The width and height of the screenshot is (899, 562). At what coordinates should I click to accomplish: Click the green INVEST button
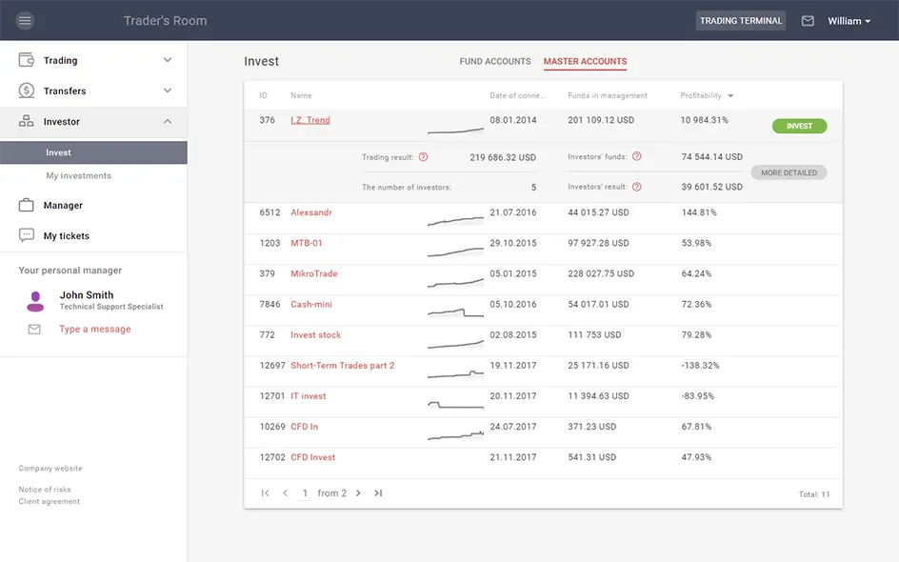[799, 126]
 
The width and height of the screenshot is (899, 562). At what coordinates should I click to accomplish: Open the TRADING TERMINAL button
[740, 21]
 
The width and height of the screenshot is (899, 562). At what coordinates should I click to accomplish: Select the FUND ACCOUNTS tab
[495, 62]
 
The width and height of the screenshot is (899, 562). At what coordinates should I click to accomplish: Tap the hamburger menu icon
[25, 21]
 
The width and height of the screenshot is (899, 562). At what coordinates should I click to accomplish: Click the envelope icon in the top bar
[808, 21]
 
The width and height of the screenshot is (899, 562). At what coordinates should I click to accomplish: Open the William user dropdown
[849, 21]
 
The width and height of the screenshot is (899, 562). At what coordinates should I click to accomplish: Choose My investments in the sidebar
[78, 176]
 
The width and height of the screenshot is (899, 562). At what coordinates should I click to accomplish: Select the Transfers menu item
[65, 91]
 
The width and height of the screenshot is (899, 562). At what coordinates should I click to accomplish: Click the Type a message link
[94, 330]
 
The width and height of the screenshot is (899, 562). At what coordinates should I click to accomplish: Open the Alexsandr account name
[311, 213]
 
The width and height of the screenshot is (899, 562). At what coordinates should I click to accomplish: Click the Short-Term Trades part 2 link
[342, 366]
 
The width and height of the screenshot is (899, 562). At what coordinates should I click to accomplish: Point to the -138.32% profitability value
[700, 366]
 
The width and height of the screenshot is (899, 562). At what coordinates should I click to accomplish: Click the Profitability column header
[701, 96]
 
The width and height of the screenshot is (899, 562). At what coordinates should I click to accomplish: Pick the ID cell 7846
[270, 305]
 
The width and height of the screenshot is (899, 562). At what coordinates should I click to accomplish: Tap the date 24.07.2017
[512, 427]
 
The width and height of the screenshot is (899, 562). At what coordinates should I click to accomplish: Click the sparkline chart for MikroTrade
[455, 282]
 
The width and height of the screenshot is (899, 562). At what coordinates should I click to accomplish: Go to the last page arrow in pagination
[378, 493]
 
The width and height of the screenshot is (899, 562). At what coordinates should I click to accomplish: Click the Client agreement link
[50, 502]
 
